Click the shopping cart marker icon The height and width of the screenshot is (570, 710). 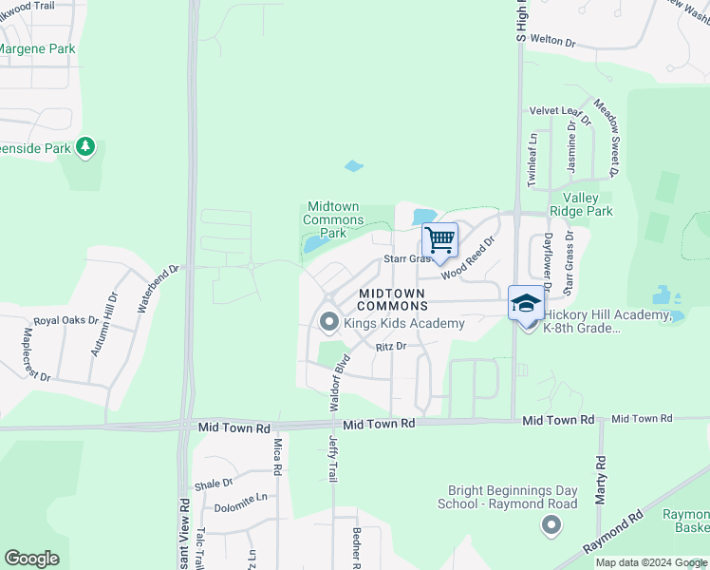pos(439,239)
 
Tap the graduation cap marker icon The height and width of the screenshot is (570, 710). pos(526,303)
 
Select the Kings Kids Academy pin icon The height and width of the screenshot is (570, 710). pos(329,323)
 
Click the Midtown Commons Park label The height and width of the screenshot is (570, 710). pos(333,220)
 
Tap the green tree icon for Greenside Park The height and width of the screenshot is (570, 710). pos(85,146)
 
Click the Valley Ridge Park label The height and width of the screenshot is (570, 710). pos(581,204)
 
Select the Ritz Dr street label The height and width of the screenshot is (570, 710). pos(390,347)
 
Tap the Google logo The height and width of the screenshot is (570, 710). pos(31,559)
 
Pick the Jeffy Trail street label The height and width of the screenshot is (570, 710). pos(333,460)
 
